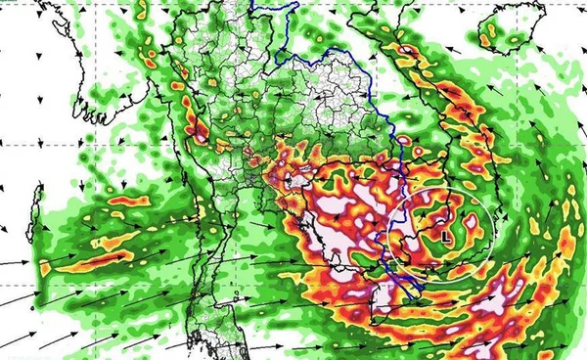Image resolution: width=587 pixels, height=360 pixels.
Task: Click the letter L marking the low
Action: [x=446, y=236]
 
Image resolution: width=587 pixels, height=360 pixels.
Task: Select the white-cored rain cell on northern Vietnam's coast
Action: [x=407, y=48]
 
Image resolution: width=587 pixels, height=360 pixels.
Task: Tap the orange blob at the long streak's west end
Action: [x=47, y=266]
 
